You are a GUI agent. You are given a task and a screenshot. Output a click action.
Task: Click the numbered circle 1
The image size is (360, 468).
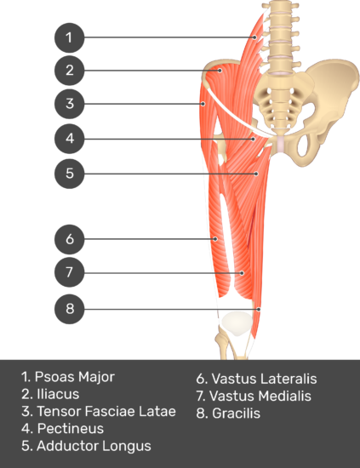click(69, 37)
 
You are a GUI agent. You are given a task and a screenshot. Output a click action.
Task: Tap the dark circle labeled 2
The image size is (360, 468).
click(69, 70)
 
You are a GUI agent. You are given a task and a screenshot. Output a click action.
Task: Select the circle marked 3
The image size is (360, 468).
click(69, 104)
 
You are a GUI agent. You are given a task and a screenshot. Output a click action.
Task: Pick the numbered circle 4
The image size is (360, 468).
click(69, 139)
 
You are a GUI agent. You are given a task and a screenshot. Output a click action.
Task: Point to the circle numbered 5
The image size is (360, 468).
click(69, 174)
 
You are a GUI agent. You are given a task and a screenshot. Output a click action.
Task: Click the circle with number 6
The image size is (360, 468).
click(69, 239)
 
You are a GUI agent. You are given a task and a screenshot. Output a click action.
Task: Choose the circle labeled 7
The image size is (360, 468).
click(69, 272)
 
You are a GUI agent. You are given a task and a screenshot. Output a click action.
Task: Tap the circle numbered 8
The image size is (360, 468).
click(69, 309)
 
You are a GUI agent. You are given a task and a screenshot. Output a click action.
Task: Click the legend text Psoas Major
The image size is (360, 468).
click(75, 377)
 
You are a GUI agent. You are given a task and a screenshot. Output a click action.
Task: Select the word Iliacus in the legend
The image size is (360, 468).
click(58, 394)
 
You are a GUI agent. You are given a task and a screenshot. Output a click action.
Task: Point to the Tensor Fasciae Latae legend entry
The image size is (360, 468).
click(106, 411)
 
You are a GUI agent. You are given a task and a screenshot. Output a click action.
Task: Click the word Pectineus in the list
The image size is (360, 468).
click(70, 429)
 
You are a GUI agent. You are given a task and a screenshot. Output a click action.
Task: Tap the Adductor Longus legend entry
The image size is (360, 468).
click(94, 446)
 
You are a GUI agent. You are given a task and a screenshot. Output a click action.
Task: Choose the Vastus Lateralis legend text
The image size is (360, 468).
click(264, 379)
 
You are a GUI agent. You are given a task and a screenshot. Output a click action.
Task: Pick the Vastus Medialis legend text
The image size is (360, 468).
click(260, 396)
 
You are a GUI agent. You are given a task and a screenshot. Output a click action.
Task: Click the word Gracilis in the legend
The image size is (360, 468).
click(236, 414)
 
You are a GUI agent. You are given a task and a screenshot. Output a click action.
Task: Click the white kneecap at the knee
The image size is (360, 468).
click(237, 324)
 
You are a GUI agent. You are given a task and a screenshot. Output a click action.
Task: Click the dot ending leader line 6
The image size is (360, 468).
click(215, 239)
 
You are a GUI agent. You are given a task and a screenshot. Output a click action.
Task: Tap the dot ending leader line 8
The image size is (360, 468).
click(259, 309)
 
